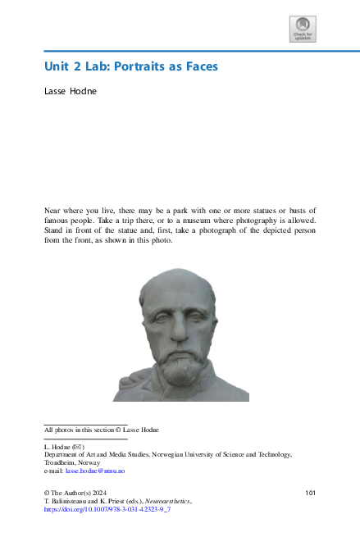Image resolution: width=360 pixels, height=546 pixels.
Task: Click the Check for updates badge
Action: click(303, 29)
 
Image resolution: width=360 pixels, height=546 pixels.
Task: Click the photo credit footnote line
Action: click(101, 429)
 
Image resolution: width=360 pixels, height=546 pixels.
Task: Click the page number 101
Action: click(310, 493)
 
